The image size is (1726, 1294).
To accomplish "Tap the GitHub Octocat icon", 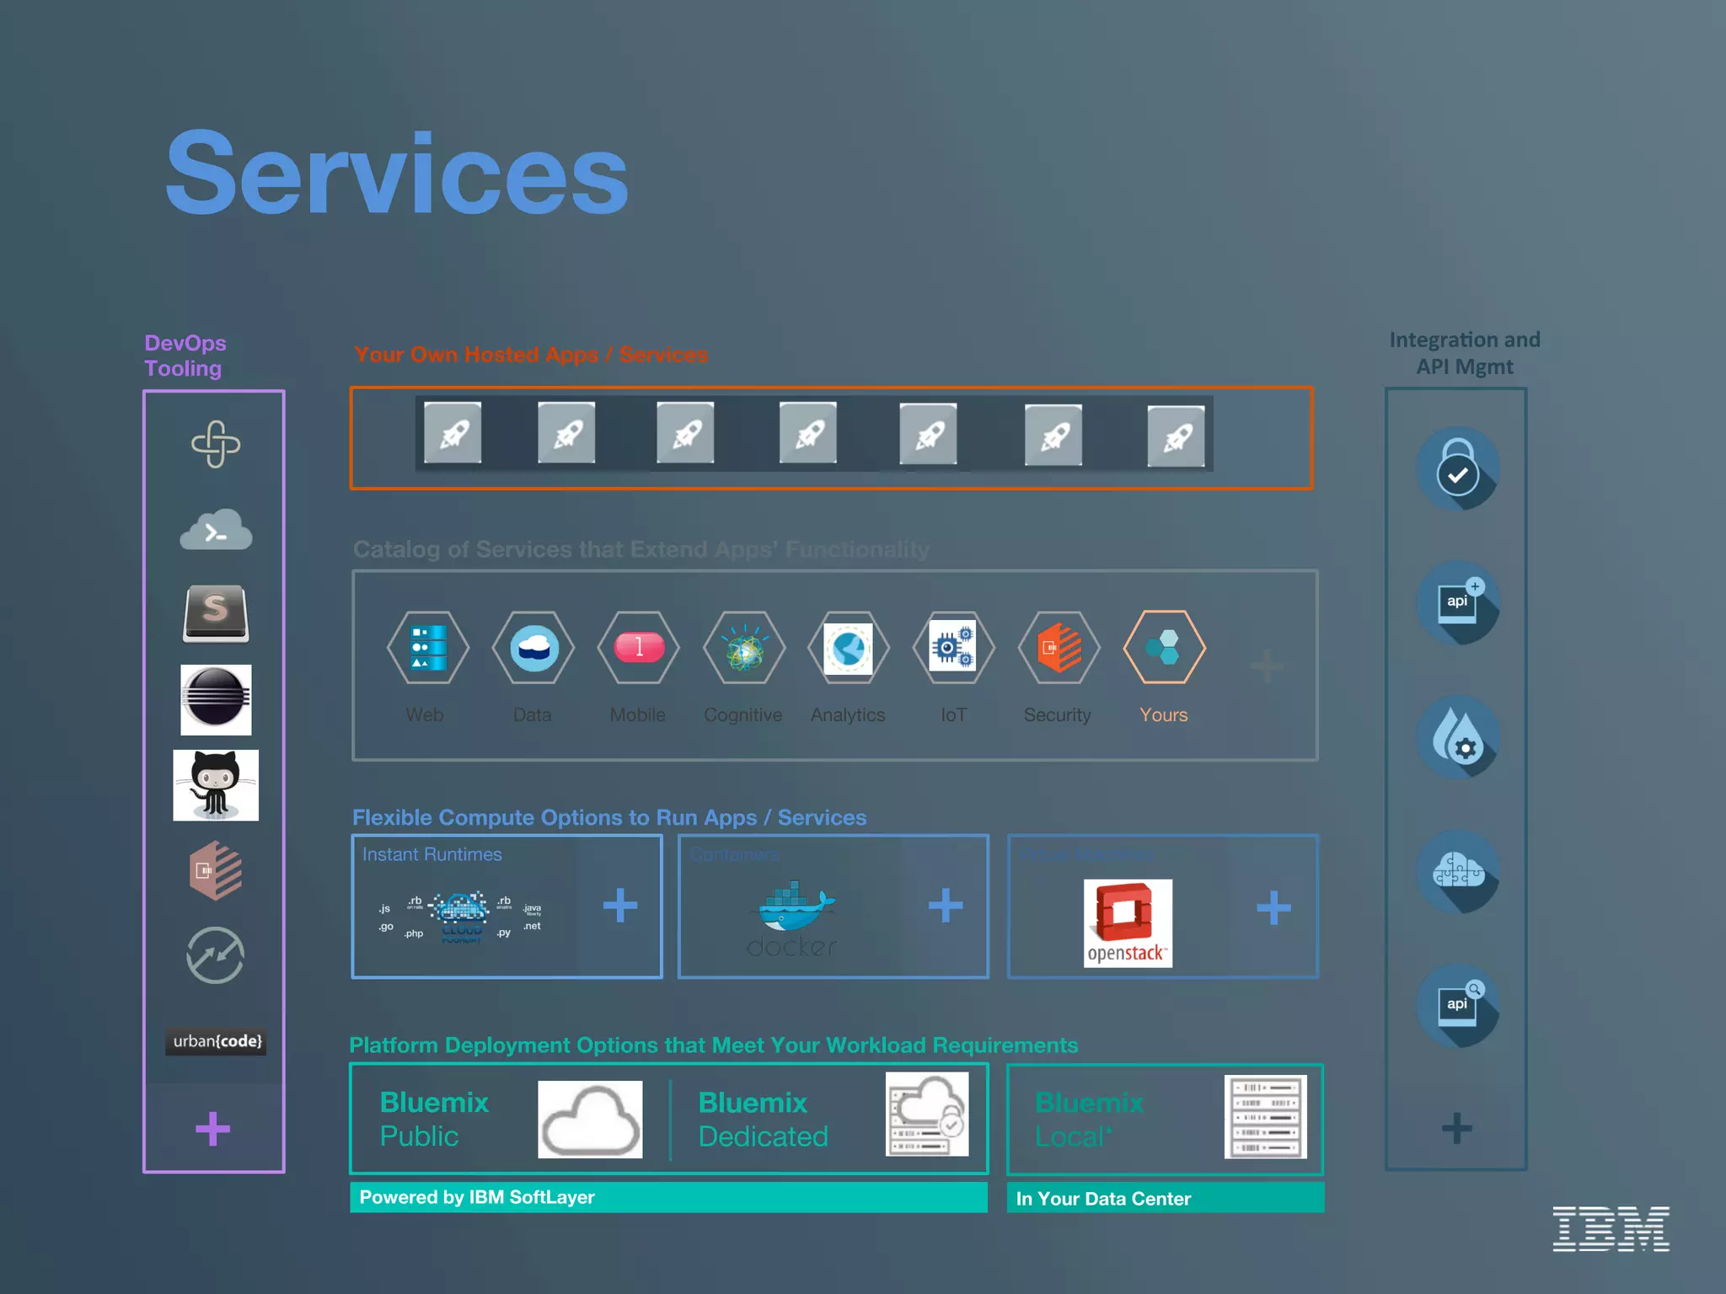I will click(x=216, y=785).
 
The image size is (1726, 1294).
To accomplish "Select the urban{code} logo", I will click(x=217, y=1041).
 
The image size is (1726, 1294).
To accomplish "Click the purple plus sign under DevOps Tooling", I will click(x=212, y=1129).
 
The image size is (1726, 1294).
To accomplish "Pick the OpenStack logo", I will click(x=1128, y=922).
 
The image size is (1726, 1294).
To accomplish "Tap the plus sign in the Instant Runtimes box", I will click(x=620, y=906).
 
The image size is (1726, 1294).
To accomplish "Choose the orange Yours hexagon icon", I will click(x=1164, y=647).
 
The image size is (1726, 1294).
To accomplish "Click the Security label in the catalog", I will click(x=1057, y=715).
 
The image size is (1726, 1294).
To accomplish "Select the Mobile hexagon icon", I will click(x=639, y=647).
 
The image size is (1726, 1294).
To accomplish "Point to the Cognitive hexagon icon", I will click(x=744, y=647).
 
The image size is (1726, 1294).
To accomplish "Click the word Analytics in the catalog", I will click(x=848, y=715).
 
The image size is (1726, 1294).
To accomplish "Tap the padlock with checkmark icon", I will click(x=1457, y=468).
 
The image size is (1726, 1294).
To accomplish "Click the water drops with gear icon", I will click(x=1457, y=736).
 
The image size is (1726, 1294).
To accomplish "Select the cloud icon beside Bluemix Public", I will click(x=590, y=1119).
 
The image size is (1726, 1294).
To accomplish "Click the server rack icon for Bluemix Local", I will click(x=1265, y=1116).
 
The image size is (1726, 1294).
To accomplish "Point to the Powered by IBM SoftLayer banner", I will click(x=668, y=1197).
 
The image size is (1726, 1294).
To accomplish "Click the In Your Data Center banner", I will click(x=1165, y=1198).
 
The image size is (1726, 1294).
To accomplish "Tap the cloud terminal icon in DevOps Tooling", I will click(x=216, y=530).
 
